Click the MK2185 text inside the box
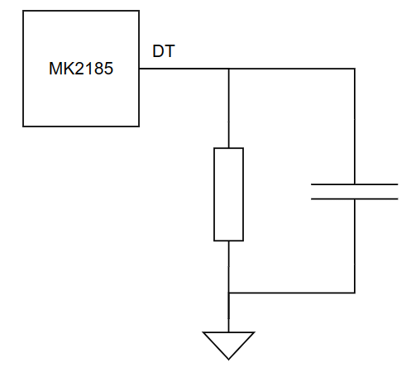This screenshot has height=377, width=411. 81,69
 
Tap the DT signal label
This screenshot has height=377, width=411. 164,51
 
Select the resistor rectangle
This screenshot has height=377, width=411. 228,194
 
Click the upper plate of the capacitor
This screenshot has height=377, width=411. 354,184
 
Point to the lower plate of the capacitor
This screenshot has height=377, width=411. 354,198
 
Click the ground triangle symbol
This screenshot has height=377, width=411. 228,346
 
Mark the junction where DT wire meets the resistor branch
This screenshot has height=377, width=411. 228,69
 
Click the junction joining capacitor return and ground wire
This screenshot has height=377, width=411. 228,293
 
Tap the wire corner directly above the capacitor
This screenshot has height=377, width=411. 355,69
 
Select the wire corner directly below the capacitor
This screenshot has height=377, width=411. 355,293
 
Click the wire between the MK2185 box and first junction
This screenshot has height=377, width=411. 184,69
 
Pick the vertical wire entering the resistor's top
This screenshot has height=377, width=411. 228,108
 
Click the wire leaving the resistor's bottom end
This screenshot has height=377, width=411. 228,267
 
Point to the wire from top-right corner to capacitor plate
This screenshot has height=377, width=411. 355,126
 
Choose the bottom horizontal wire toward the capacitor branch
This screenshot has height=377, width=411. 291,293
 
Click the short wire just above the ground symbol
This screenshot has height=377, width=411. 228,313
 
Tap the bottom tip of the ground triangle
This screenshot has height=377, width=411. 228,360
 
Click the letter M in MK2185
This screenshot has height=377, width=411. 55,69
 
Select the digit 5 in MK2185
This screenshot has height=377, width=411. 108,69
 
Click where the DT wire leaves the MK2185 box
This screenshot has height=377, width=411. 139,69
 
